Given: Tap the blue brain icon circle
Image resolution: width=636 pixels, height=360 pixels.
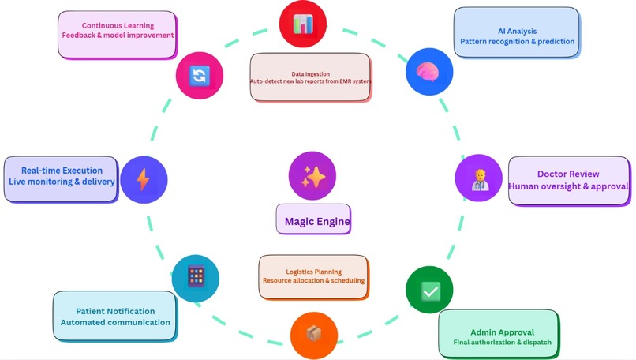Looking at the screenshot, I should pos(428,73).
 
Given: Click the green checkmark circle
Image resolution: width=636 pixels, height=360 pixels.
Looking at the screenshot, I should pos(429,291).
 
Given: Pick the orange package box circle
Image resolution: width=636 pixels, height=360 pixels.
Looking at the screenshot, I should pos(314,334).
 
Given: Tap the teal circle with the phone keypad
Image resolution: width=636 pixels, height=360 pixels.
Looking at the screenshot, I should pos(195,277).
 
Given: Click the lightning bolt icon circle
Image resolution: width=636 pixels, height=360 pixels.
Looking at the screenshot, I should pos(144,180).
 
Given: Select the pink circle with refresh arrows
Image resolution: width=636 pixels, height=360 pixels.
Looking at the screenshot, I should pos(198,75).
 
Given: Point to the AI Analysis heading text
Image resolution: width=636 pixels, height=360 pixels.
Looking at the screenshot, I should pos(517,29).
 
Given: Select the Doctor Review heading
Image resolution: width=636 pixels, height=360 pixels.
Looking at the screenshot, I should pos(568,174).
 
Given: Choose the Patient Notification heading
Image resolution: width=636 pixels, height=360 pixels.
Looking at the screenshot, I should pos(115,309).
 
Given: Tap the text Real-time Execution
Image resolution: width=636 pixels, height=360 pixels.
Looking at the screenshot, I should pos(61,170).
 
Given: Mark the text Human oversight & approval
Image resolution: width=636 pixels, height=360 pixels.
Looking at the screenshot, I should pos(568,186).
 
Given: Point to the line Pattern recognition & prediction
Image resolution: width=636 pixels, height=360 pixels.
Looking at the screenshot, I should pos(517,41).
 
